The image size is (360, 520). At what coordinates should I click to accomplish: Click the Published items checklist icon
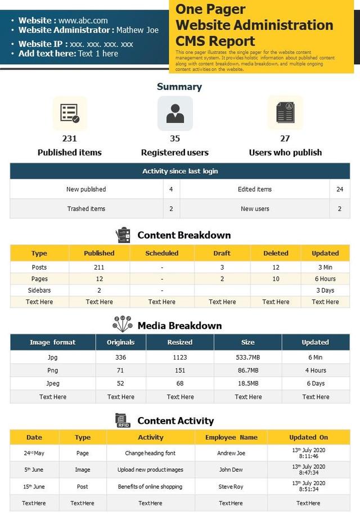[70, 113]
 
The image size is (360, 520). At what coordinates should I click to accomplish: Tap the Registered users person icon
[175, 113]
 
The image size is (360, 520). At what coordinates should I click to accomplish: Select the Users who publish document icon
[285, 113]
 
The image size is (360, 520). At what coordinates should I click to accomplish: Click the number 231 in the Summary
[69, 138]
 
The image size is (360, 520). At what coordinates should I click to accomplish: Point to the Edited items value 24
[340, 189]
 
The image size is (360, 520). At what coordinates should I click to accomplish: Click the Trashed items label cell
[86, 209]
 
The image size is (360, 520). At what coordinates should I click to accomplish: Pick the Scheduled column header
[162, 253]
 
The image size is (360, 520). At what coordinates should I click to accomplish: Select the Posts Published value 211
[100, 267]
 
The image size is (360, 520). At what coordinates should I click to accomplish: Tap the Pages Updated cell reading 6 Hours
[325, 279]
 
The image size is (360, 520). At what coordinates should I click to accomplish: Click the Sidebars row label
[39, 290]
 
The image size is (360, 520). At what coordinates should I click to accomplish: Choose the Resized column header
[180, 342]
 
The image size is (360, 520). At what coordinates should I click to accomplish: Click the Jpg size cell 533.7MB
[248, 357]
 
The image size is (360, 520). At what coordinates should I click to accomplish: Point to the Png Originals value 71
[120, 370]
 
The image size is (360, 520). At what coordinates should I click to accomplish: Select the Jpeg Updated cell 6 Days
[316, 384]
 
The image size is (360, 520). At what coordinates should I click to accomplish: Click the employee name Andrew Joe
[231, 453]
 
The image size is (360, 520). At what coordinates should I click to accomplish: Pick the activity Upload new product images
[150, 470]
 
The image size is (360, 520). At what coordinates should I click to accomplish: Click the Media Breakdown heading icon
[122, 324]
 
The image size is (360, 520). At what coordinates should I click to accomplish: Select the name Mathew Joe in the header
[138, 30]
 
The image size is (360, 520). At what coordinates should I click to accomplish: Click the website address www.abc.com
[83, 20]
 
